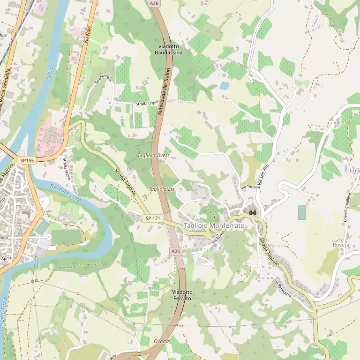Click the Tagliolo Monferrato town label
pyautogui.click(x=214, y=226)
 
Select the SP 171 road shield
pyautogui.click(x=153, y=218)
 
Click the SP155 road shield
pyautogui.click(x=27, y=160)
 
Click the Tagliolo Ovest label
pyautogui.click(x=153, y=155)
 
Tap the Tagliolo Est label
pyautogui.click(x=161, y=189)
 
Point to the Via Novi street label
pyautogui.click(x=87, y=33)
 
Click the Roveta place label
pyautogui.click(x=341, y=245)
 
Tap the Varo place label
pyautogui.click(x=338, y=122)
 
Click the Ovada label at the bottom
pyautogui.click(x=161, y=341)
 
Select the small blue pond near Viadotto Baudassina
pyautogui.click(x=225, y=86)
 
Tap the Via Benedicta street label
pyautogui.click(x=283, y=288)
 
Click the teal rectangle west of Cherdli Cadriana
pyautogui.click(x=302, y=212)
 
